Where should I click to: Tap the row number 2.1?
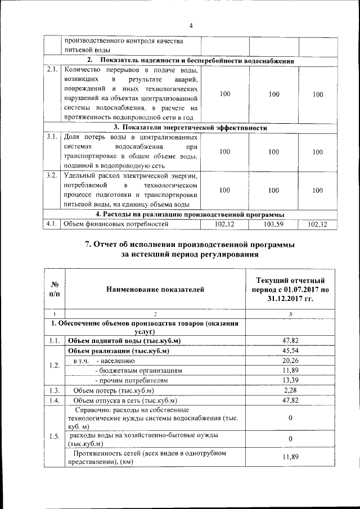click(x=52, y=70)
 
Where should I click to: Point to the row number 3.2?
click(x=52, y=175)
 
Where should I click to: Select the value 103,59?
click(x=273, y=224)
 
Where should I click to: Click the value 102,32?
click(x=317, y=224)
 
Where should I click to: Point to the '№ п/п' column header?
click(x=55, y=289)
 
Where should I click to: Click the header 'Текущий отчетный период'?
click(x=290, y=284)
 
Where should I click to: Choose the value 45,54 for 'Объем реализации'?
click(x=290, y=350)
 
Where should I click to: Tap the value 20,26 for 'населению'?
click(x=290, y=361)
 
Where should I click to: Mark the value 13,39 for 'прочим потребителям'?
click(x=290, y=380)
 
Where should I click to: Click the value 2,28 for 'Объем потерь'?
click(x=290, y=390)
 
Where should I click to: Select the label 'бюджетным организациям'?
click(x=139, y=371)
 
